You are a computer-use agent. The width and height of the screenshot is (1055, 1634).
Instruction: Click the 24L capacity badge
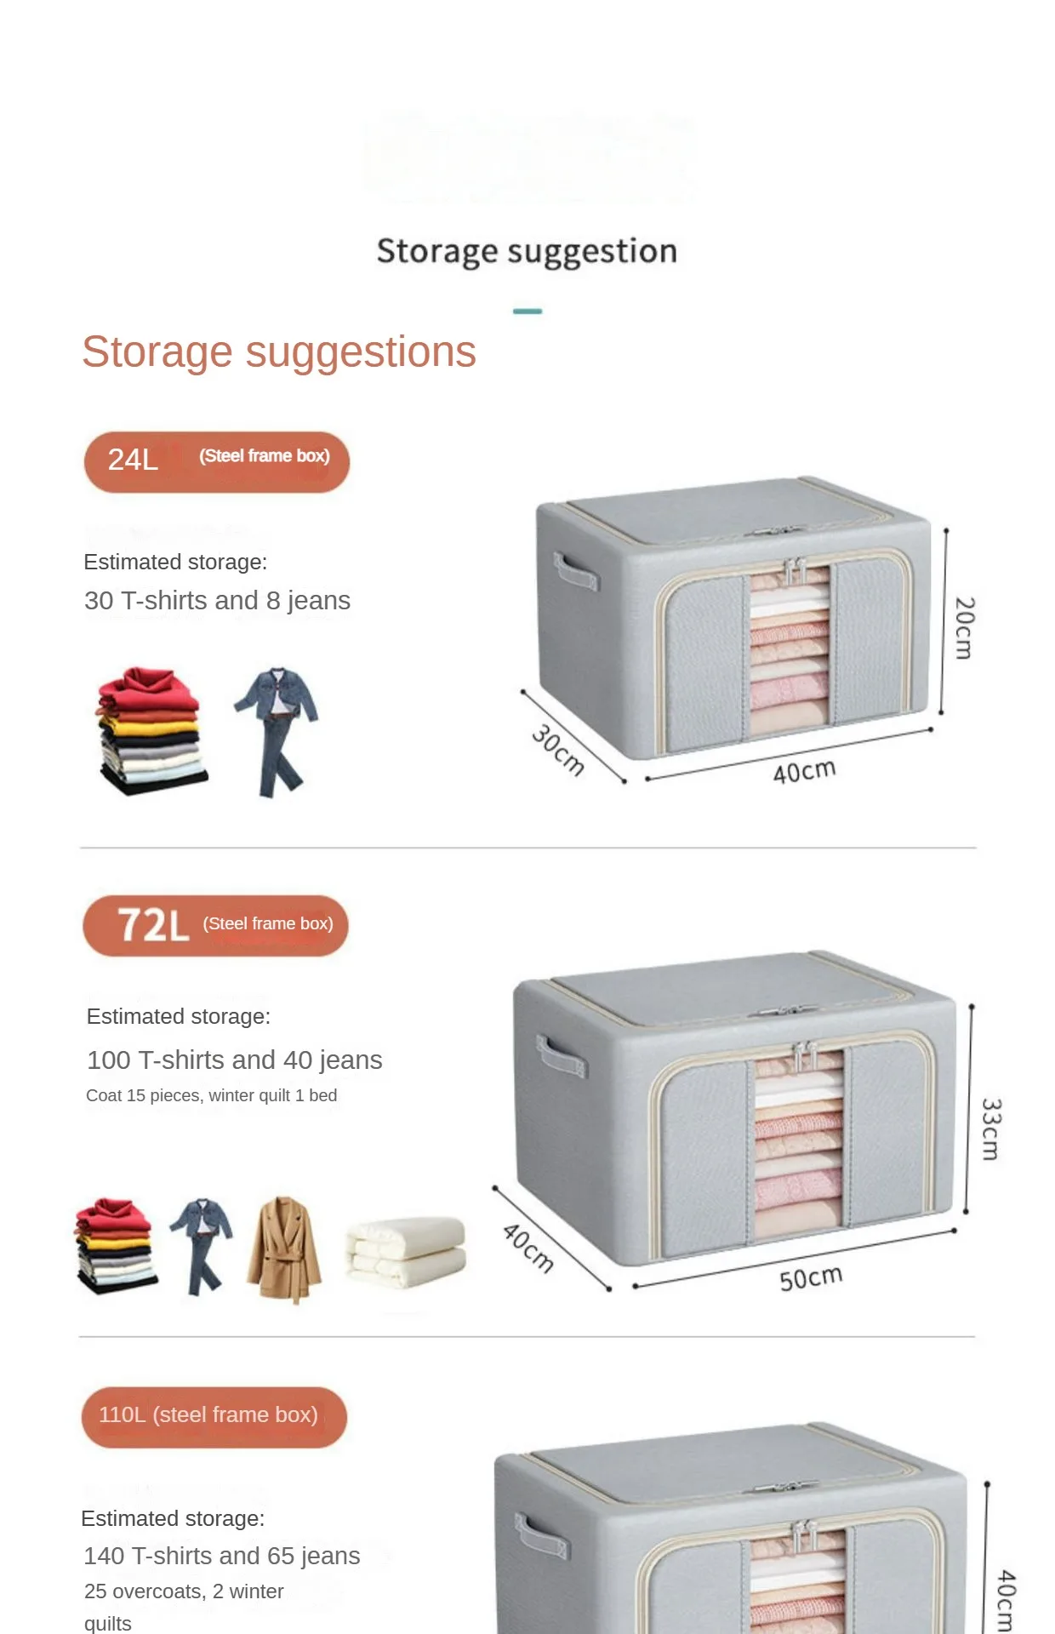click(x=216, y=461)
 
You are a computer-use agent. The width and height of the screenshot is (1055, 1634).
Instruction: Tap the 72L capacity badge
click(x=215, y=925)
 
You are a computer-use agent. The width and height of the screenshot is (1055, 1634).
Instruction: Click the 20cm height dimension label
click(x=964, y=628)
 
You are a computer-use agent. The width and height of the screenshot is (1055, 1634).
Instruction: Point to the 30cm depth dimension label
click(x=558, y=750)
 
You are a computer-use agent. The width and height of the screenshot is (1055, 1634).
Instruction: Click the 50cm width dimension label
click(x=811, y=1278)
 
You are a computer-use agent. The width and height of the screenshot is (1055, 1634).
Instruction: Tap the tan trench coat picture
click(x=284, y=1248)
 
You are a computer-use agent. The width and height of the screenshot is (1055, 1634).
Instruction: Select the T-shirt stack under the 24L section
click(x=151, y=731)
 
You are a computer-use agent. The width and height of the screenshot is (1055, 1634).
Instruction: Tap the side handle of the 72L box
click(x=562, y=1056)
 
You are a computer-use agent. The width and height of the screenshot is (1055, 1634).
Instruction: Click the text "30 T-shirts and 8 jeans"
click(x=217, y=601)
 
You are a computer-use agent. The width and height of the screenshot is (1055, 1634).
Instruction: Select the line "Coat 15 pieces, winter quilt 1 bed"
click(x=211, y=1095)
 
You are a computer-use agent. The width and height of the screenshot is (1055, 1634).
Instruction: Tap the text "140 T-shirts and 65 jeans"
click(x=222, y=1556)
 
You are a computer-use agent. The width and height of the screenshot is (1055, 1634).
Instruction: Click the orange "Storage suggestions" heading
click(x=278, y=351)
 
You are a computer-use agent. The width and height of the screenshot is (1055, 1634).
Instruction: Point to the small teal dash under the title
click(x=527, y=311)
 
